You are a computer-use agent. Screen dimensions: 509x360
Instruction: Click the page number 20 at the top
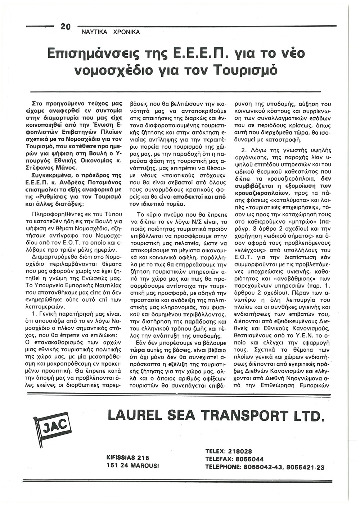pos(67,27)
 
